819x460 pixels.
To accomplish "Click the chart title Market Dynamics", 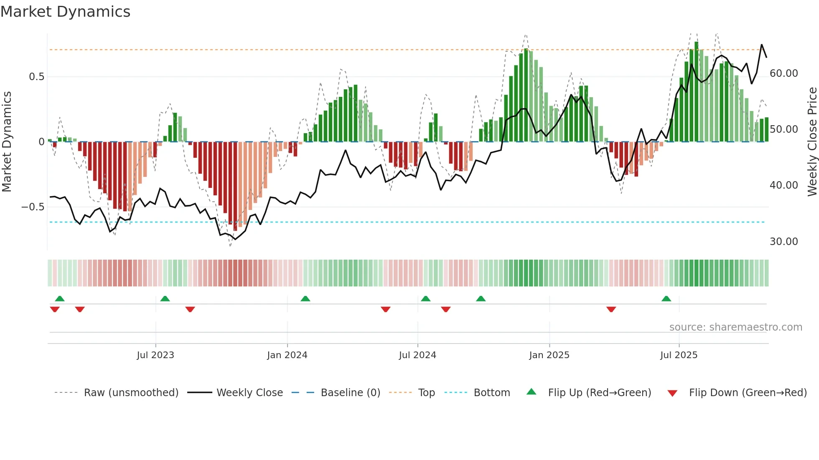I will pyautogui.click(x=65, y=12).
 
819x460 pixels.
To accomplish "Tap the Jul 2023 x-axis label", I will pyautogui.click(x=155, y=355).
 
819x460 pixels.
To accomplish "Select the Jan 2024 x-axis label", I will pyautogui.click(x=287, y=355).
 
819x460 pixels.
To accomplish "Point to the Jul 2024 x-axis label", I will pyautogui.click(x=417, y=355).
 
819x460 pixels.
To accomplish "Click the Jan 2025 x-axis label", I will pyautogui.click(x=549, y=355).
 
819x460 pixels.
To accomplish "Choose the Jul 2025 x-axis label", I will pyautogui.click(x=679, y=355).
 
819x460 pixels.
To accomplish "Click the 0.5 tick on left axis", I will pyautogui.click(x=36, y=77).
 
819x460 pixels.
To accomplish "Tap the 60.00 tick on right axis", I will pyautogui.click(x=783, y=73).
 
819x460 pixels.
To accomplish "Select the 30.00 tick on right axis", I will pyautogui.click(x=783, y=242).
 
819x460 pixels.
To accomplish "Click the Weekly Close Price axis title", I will pyautogui.click(x=812, y=142).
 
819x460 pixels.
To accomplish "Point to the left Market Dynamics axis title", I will pyautogui.click(x=7, y=142).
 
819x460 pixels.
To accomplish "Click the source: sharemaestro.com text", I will pyautogui.click(x=735, y=327).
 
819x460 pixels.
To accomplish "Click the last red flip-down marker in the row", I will pyautogui.click(x=611, y=309).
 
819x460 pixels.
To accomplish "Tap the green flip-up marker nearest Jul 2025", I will pyautogui.click(x=666, y=299).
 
